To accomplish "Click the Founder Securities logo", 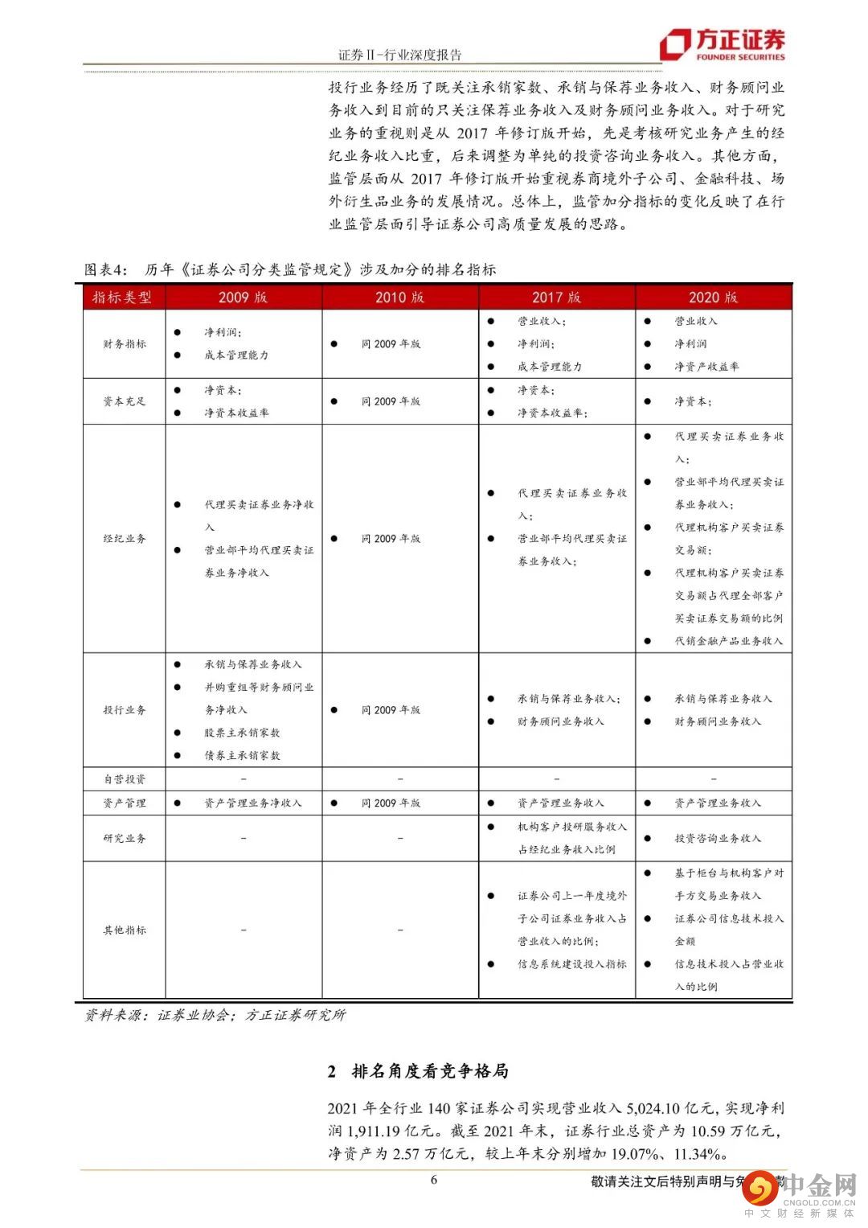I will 722,43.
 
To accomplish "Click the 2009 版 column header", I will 243,297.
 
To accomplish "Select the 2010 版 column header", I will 399,297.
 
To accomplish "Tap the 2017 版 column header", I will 556,297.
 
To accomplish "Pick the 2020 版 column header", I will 713,297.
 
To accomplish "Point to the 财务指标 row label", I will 125,343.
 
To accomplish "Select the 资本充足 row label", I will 125,401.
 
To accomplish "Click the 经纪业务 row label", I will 125,538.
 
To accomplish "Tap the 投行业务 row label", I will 125,710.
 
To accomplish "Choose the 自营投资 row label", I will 125,778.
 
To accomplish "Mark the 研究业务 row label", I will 125,838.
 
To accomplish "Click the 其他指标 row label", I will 125,930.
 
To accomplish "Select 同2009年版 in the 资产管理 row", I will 391,803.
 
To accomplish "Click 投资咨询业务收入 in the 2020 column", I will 717,838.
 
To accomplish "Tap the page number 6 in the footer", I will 434,1180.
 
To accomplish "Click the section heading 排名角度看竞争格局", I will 430,1071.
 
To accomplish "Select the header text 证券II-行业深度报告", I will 399,55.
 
